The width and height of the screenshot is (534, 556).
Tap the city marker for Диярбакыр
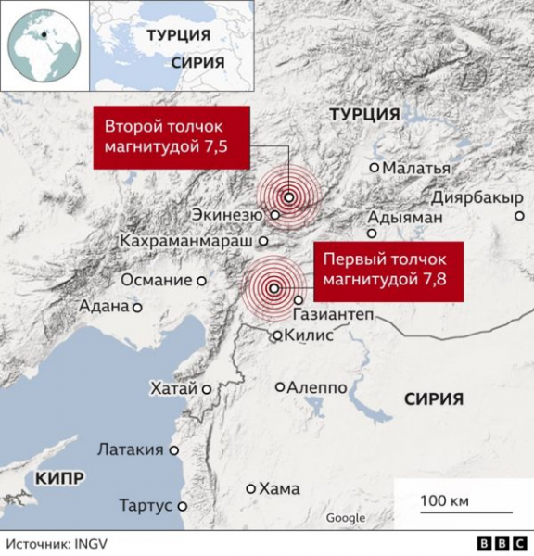[x=519, y=217]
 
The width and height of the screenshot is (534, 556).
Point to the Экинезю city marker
[x=274, y=215]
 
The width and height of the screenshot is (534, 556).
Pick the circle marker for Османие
[x=200, y=280]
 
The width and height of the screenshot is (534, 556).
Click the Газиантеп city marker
[x=299, y=299]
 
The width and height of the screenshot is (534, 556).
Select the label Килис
[x=310, y=336]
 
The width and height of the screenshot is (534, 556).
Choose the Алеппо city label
[x=317, y=387]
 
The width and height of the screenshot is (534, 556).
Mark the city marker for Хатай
[x=207, y=389]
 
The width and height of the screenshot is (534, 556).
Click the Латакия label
[x=130, y=450]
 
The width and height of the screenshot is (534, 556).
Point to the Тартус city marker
[x=183, y=507]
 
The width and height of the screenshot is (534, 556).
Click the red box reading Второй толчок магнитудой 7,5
[x=172, y=137]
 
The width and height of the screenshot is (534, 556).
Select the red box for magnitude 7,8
[x=388, y=272]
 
